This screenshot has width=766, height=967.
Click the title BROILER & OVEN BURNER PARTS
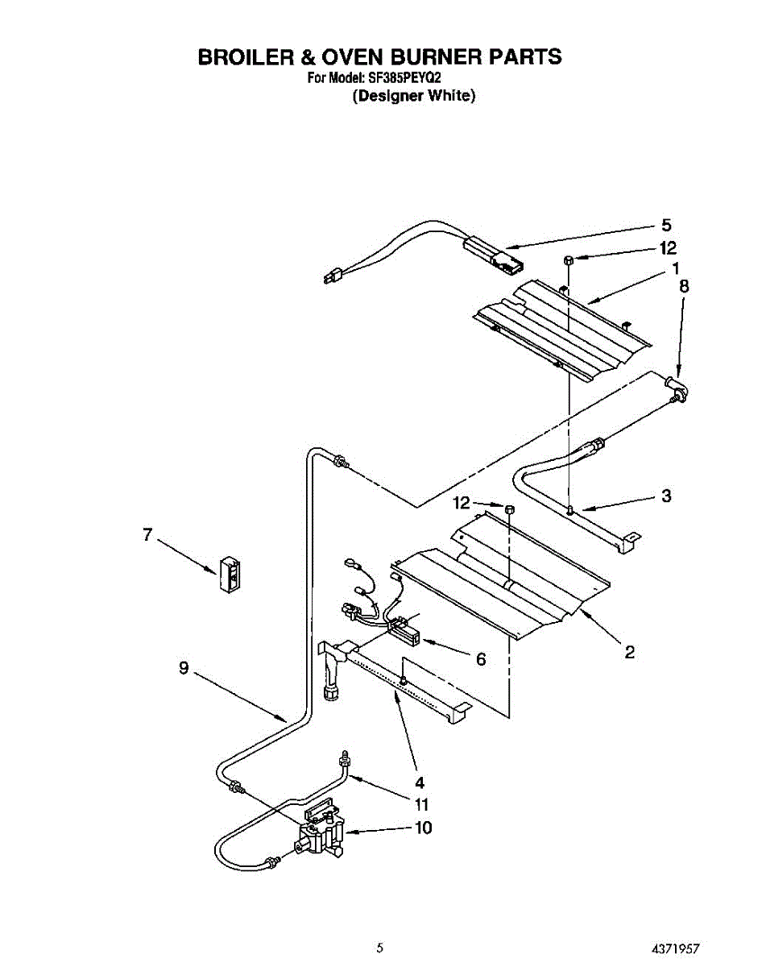coord(379,57)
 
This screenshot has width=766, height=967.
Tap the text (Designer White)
coord(414,96)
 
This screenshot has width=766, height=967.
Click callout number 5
coord(666,225)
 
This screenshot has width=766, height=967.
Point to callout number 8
coord(684,285)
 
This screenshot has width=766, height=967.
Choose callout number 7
coord(147,534)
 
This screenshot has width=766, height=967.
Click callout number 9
coord(184,668)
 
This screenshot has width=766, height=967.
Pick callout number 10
coord(422,828)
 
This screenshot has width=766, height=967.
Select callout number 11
coord(422,804)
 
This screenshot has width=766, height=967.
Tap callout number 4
coord(420,781)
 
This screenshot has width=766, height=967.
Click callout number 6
coord(481,659)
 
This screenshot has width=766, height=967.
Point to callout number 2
coord(630,652)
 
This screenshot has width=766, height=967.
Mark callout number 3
coord(666,496)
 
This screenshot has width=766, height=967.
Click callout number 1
coord(675,268)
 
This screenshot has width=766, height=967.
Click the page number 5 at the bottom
coord(379,948)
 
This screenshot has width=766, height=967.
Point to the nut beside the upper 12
coord(568,259)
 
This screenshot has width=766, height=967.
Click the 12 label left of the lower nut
coord(462,503)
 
